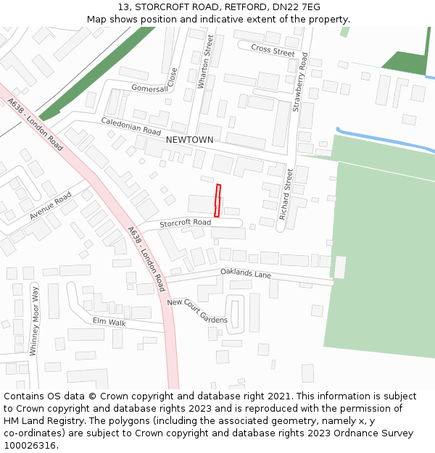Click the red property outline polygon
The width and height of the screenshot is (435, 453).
click(x=217, y=200)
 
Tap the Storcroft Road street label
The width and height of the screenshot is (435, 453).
click(x=186, y=223)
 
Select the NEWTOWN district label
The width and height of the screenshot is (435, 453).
click(x=189, y=139)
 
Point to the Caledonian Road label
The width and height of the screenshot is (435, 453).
click(x=130, y=126)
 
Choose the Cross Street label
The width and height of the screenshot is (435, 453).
click(x=273, y=49)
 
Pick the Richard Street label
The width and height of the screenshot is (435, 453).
click(x=284, y=194)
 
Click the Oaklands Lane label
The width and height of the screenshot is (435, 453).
click(x=246, y=273)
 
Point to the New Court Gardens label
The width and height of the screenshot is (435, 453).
click(x=197, y=311)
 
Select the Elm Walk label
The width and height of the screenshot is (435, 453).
click(x=109, y=321)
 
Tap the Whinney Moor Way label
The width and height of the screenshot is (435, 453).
click(x=33, y=320)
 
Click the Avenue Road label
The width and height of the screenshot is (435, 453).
click(x=50, y=207)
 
